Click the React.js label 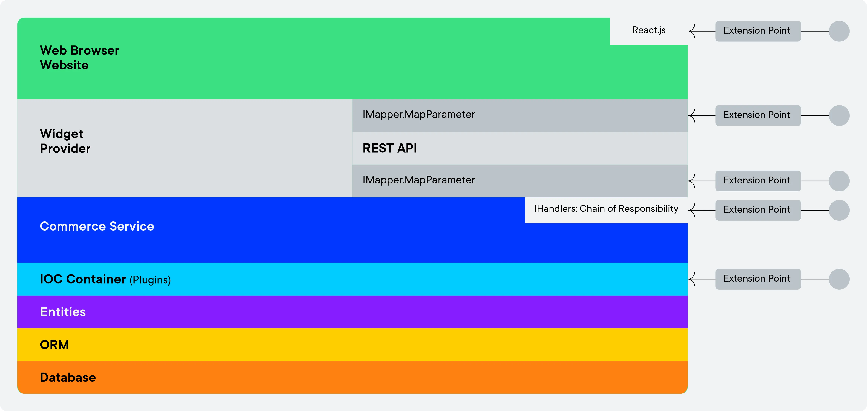tap(649, 30)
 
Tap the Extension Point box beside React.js tap(758, 31)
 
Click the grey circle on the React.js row tap(839, 31)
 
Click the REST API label tap(390, 148)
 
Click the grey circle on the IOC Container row tap(839, 279)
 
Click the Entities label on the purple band tap(63, 312)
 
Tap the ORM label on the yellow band tap(54, 345)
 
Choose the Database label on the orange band tap(68, 377)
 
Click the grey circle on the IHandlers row tap(839, 210)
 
